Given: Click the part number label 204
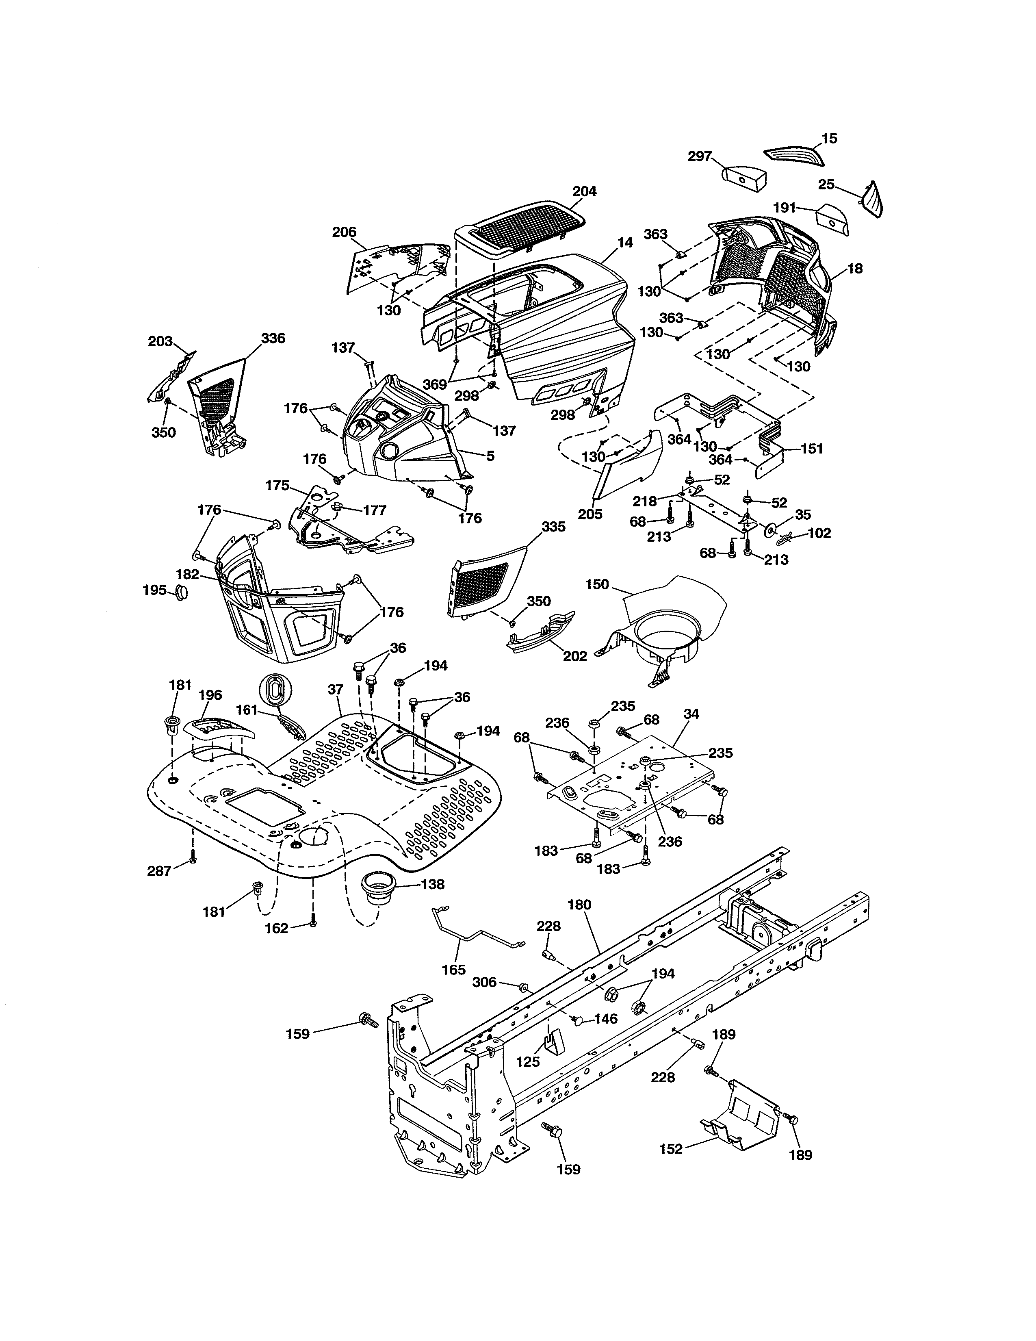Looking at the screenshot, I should (584, 191).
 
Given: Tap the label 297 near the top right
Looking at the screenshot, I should (699, 156).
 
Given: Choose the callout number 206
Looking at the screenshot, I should (344, 232).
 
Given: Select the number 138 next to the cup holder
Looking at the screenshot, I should (432, 884).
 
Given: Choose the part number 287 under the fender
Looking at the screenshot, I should (159, 870).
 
